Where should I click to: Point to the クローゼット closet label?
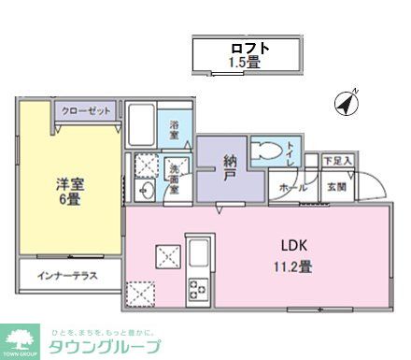pyautogui.click(x=86, y=110)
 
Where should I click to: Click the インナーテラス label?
pyautogui.click(x=67, y=276)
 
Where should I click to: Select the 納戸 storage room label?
pyautogui.click(x=229, y=166)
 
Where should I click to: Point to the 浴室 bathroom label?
pyautogui.click(x=175, y=128)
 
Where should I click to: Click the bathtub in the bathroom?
pyautogui.click(x=143, y=126)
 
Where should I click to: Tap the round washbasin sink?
pyautogui.click(x=147, y=193)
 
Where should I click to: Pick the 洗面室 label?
pyautogui.click(x=174, y=179)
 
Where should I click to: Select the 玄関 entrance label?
pyautogui.click(x=335, y=187)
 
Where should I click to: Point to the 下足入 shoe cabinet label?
pyautogui.click(x=336, y=161)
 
